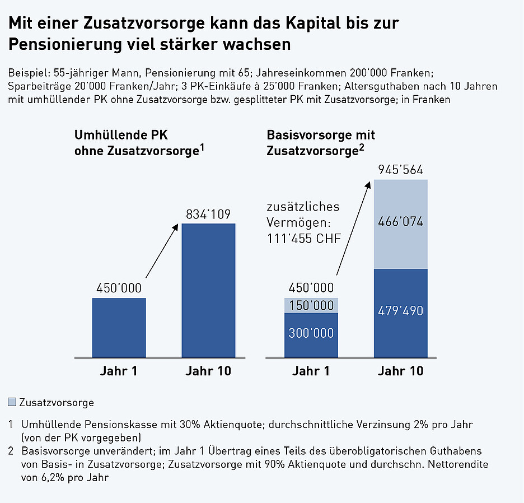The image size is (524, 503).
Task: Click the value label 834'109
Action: coord(208,215)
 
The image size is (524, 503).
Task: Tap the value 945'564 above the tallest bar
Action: coord(400,170)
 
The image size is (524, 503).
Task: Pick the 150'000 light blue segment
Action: coord(311,305)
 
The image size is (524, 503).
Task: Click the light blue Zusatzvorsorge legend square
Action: coord(13,402)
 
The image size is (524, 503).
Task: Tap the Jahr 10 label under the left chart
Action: coord(208,371)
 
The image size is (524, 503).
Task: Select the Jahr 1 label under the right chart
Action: coord(311,371)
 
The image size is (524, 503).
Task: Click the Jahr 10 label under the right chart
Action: coord(400,371)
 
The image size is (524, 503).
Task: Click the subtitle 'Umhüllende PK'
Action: coord(121,136)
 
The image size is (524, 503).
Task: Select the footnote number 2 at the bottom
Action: coord(11,451)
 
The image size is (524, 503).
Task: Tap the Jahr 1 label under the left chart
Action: coord(119,371)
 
